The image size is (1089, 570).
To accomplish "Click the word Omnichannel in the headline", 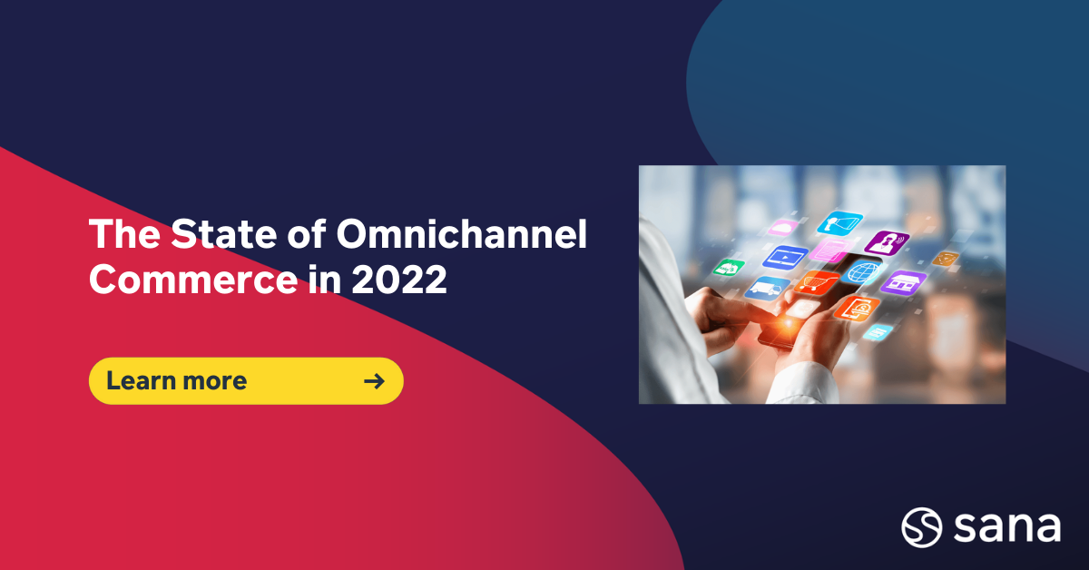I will [462, 236].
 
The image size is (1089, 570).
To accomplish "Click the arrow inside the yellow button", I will [373, 380].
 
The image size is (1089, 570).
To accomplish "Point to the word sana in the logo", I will [1006, 526].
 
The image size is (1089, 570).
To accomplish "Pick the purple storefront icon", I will [902, 282].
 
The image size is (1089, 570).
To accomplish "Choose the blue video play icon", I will [785, 257].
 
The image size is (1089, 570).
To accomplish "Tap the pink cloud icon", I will [783, 228].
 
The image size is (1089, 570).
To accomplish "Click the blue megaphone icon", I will [840, 223].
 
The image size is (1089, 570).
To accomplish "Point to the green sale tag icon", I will [729, 267].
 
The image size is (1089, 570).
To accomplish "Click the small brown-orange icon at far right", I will [946, 259].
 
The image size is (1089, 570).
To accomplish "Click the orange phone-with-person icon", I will [854, 309].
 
